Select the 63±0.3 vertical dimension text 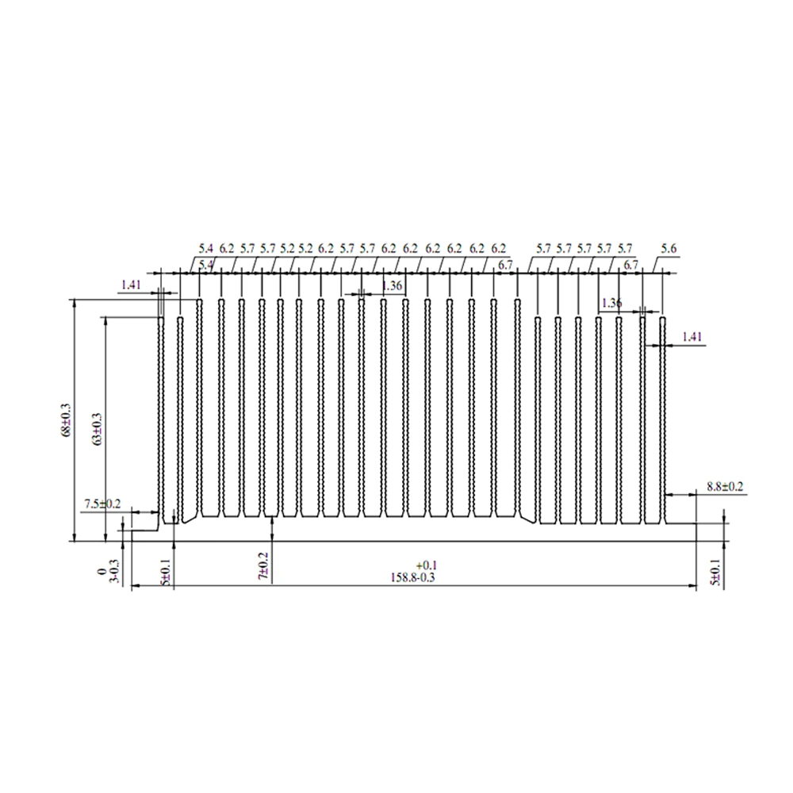tap(98, 428)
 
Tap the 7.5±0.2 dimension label tap(102, 504)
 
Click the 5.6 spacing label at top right tap(668, 248)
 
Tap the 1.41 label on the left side tap(132, 284)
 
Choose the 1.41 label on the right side tap(692, 336)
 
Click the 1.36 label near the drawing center tap(392, 285)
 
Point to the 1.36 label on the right tap(611, 302)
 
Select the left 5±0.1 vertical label tap(166, 572)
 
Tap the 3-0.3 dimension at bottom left tap(113, 575)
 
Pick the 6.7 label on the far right tap(631, 264)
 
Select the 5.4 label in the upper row tap(205, 248)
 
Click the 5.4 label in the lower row tap(205, 264)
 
